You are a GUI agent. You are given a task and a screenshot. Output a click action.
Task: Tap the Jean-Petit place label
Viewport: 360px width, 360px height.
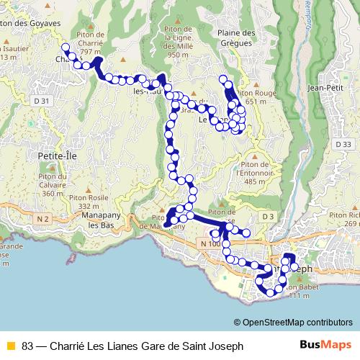pyautogui.click(x=323, y=88)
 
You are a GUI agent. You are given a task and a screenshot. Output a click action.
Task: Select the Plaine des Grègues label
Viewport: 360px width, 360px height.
pyautogui.click(x=236, y=38)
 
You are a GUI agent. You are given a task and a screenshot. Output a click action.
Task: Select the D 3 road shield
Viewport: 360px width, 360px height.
pyautogui.click(x=269, y=216)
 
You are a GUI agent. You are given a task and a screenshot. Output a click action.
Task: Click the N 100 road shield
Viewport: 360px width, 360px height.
pyautogui.click(x=210, y=245)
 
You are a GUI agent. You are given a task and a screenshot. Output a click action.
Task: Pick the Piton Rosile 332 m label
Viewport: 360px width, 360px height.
pyautogui.click(x=108, y=202)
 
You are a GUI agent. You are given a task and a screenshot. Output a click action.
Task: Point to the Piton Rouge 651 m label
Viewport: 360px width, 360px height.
pyautogui.click(x=256, y=97)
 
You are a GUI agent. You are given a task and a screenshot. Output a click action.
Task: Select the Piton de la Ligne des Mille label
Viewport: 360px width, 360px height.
pyautogui.click(x=182, y=42)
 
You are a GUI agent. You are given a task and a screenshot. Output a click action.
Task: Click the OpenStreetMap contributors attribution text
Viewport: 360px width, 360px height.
pyautogui.click(x=293, y=323)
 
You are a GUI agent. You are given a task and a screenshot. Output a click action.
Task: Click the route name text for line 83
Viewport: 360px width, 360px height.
pyautogui.click(x=132, y=346)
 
